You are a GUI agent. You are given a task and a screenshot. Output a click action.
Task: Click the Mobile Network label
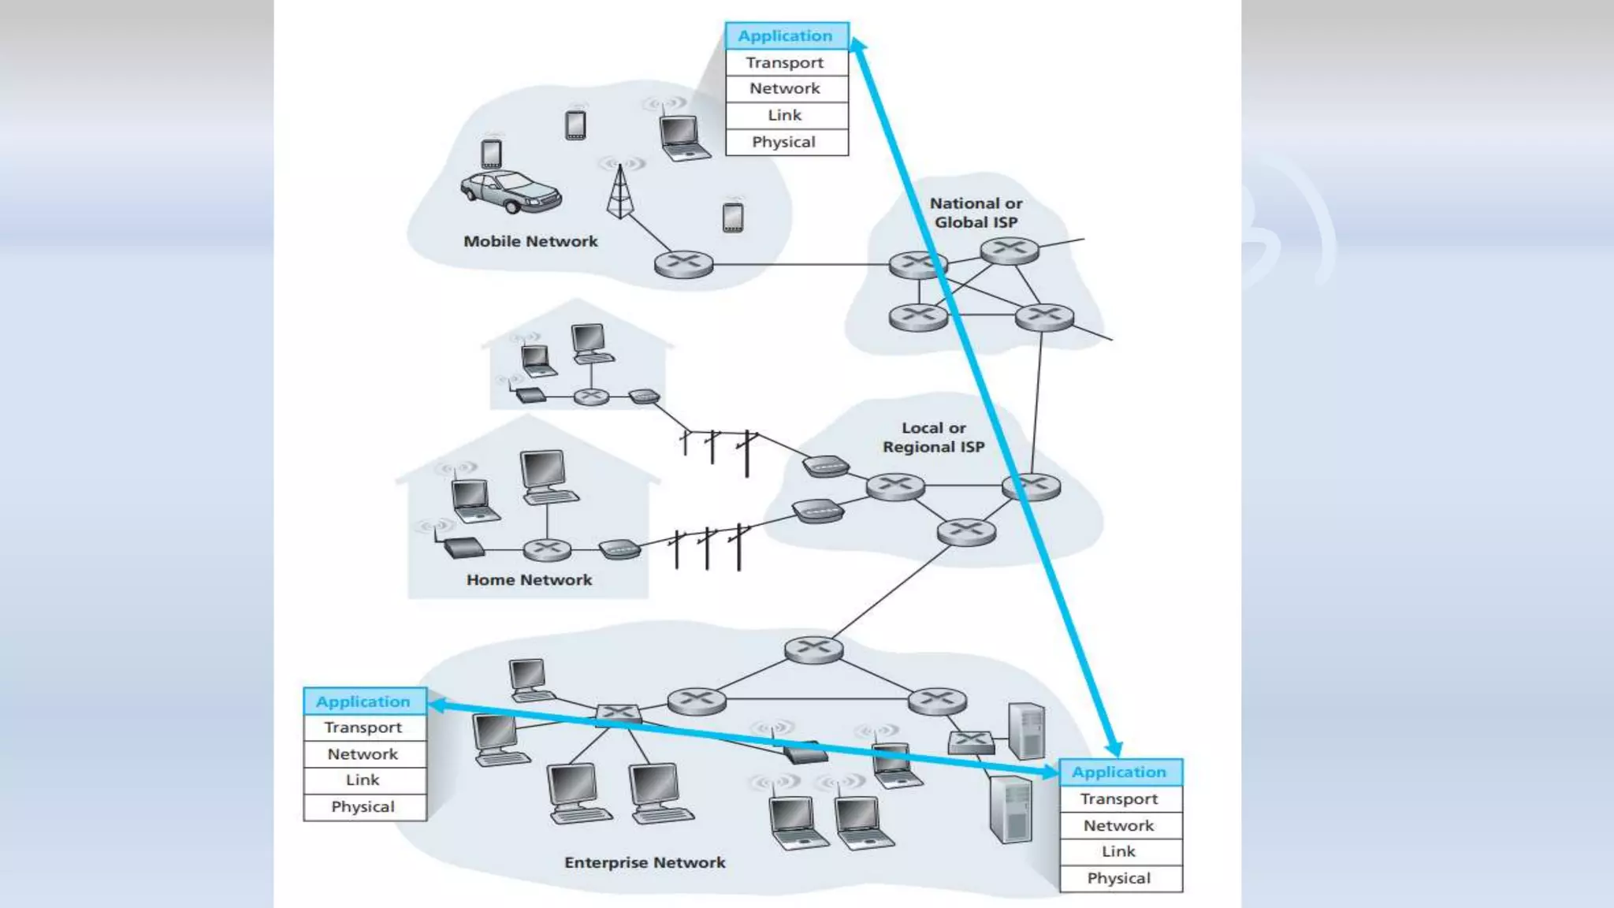(530, 241)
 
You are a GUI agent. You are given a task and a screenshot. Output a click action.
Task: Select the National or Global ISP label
(976, 213)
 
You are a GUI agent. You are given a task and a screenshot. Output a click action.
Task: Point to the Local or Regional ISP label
(933, 437)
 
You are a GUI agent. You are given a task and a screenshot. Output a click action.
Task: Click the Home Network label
(529, 580)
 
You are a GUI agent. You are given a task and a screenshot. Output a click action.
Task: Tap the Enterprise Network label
(645, 862)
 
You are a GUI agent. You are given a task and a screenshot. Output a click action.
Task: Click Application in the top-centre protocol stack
(786, 35)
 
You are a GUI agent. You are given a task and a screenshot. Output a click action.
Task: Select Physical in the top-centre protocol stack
(784, 142)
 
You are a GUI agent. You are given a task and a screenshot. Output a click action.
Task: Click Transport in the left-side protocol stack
(363, 728)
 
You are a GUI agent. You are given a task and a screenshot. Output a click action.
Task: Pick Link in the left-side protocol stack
(363, 780)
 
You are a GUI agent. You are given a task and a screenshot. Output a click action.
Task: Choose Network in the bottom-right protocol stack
(1119, 825)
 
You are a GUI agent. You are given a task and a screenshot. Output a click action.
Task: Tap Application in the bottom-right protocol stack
(1119, 772)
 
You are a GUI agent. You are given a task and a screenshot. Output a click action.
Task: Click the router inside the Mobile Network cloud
(683, 263)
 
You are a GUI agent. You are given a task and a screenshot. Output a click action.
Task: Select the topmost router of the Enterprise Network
(813, 649)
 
